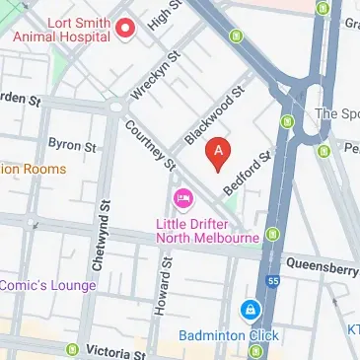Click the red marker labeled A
tap(218, 152)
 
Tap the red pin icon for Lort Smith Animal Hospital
tap(124, 28)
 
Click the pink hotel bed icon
tap(182, 200)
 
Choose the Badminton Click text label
tap(229, 335)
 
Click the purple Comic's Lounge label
tap(47, 286)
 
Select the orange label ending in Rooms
tap(34, 169)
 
